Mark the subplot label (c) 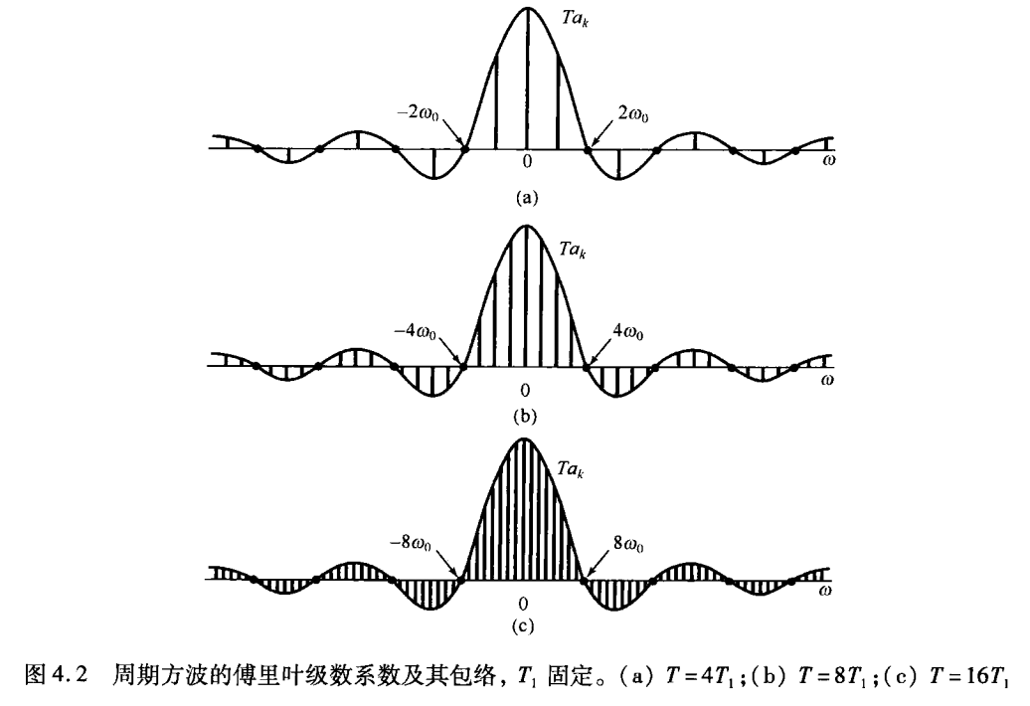pos(524,627)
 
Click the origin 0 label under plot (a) pos(527,163)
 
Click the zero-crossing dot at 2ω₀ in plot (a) pos(588,149)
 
